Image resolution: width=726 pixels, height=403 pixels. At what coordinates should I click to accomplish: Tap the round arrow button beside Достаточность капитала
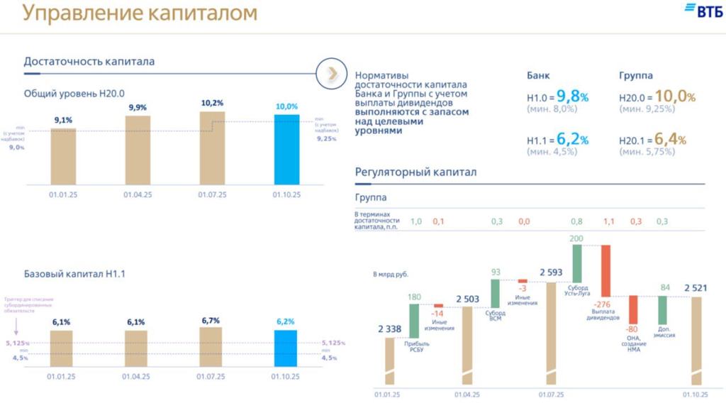[x=330, y=74]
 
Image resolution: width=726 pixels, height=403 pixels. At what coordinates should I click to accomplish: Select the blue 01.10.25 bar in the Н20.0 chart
[x=287, y=148]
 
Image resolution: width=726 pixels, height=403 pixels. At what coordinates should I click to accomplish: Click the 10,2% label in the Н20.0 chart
[x=212, y=103]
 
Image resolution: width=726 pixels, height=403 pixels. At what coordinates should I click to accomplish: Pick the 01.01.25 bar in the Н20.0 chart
[x=62, y=156]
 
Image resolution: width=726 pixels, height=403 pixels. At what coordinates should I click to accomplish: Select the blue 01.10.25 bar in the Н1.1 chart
[x=286, y=348]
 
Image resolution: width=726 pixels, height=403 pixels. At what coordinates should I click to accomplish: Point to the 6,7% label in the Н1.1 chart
[x=211, y=321]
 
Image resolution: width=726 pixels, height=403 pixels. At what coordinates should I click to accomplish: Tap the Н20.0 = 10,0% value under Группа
[x=657, y=96]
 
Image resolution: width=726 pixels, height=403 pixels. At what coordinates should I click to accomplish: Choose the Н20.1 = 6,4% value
[x=652, y=140]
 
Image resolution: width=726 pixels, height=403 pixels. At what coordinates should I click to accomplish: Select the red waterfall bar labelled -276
[x=606, y=270]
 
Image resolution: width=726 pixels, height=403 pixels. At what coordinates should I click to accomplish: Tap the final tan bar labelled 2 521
[x=696, y=341]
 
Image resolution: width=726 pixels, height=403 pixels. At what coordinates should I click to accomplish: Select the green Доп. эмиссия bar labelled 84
[x=663, y=311]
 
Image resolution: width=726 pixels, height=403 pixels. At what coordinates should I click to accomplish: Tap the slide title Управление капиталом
[x=140, y=13]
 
